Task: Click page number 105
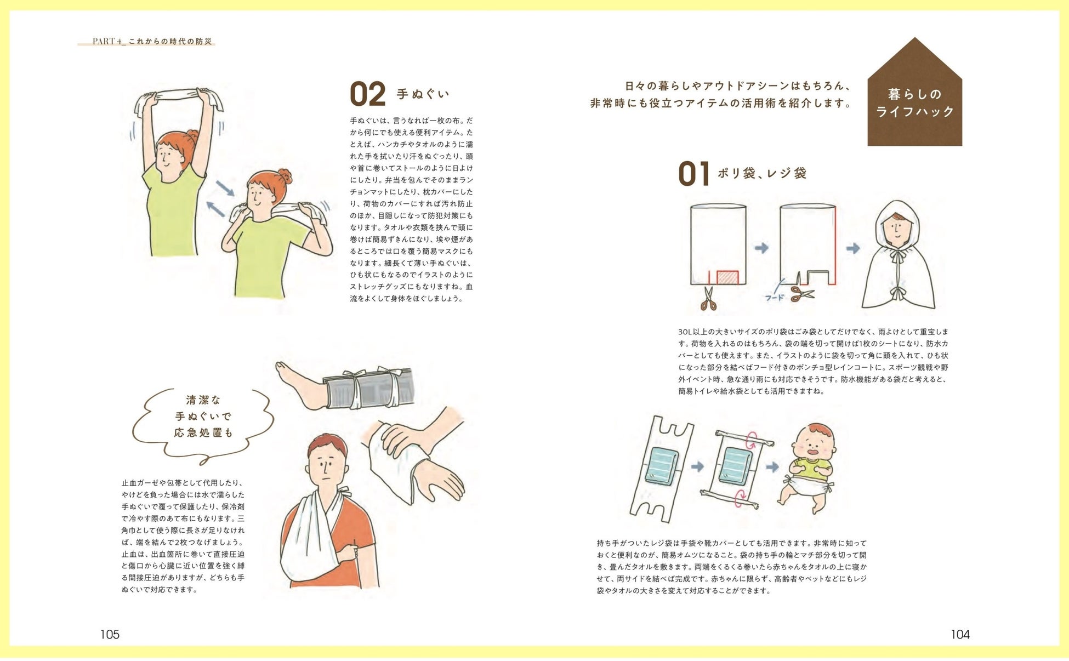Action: click(110, 634)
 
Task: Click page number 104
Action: click(960, 634)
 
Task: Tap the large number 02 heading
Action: click(367, 94)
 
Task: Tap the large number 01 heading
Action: click(694, 174)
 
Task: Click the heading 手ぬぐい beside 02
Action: click(423, 94)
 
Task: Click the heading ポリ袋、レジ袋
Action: click(762, 174)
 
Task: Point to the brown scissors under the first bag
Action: click(709, 299)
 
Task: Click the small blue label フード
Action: click(774, 298)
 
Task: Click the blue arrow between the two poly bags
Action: click(761, 248)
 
